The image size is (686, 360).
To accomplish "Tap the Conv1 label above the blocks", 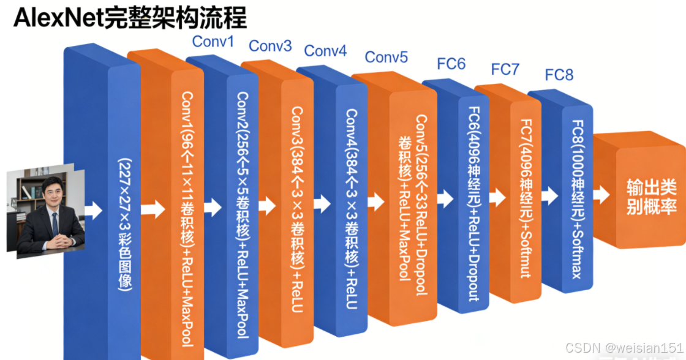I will coord(213,42).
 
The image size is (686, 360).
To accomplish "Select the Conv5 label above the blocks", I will coord(386,57).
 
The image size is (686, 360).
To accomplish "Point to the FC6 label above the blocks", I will coord(451,63).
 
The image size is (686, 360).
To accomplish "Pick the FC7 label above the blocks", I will coord(505,69).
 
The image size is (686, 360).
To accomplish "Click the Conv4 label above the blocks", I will coord(325,50).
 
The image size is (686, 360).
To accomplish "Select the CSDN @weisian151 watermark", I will coord(624,348).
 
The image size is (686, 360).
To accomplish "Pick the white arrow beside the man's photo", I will coord(93,210).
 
